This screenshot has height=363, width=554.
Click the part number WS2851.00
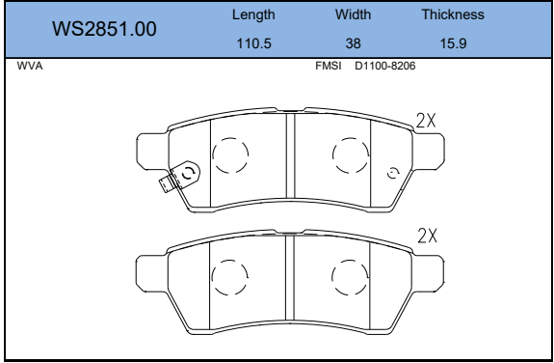tap(104, 29)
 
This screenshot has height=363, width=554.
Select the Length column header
tap(253, 14)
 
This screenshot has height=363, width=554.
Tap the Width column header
tap(353, 14)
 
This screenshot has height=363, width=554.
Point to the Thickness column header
tap(453, 14)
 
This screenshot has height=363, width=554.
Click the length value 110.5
tap(253, 43)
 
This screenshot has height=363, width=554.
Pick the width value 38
tap(353, 43)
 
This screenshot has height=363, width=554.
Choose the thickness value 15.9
tap(453, 43)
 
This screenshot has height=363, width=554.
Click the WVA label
tap(30, 67)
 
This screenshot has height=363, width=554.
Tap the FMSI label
tap(329, 66)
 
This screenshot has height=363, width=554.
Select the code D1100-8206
tap(385, 66)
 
